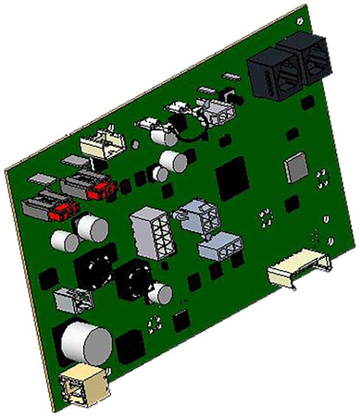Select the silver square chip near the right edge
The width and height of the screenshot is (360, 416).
[299, 167]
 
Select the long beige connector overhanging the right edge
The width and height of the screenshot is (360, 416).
[298, 269]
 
